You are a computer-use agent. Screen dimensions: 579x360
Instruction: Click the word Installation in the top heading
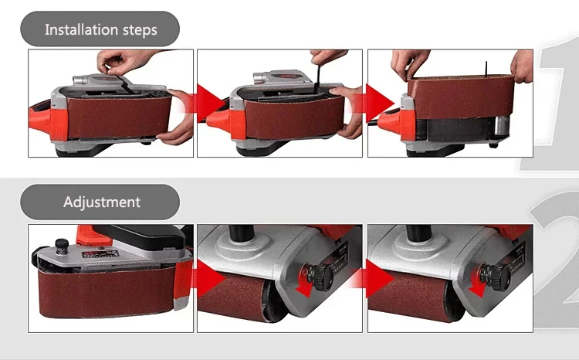point(81,29)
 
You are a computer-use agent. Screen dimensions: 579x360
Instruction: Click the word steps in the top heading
point(140,30)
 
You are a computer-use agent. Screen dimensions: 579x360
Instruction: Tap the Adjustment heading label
point(102,202)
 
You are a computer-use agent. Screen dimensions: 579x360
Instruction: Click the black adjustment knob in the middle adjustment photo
point(319,276)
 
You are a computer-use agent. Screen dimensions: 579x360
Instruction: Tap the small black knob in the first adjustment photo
point(62,244)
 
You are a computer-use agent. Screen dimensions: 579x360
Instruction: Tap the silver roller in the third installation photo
point(502,128)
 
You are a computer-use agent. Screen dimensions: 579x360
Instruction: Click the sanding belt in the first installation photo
point(118,117)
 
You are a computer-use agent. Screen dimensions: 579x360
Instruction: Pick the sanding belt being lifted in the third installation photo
point(461,97)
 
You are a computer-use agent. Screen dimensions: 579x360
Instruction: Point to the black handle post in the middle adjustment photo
point(241,233)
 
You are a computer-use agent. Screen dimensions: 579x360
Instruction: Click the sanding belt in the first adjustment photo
point(107,292)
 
